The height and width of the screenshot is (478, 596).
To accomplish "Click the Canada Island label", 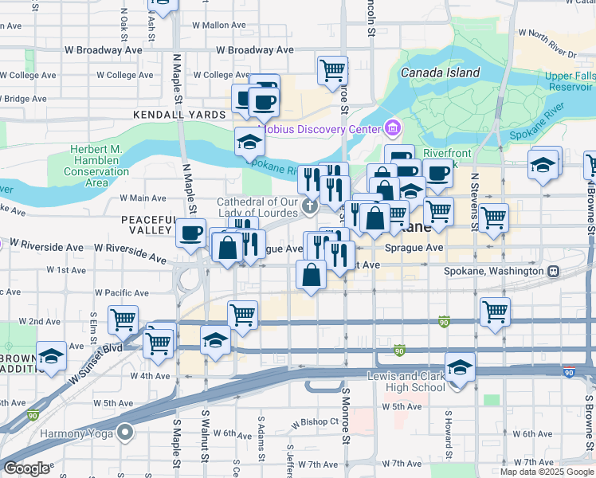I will [440, 72].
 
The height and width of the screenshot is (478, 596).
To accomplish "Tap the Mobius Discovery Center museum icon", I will [392, 128].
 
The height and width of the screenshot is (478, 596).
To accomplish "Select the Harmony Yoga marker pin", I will [124, 433].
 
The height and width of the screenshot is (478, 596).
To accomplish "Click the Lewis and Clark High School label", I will [406, 382].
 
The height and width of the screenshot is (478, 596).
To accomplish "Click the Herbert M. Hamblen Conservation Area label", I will [96, 167].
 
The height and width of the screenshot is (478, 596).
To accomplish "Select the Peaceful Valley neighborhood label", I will [148, 225].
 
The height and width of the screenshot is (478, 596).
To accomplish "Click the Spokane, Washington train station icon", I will [554, 270].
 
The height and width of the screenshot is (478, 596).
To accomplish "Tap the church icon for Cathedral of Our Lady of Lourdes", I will [310, 208].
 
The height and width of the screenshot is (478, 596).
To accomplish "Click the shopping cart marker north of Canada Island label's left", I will [332, 69].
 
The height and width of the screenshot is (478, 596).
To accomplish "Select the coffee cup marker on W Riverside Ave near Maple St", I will [190, 232].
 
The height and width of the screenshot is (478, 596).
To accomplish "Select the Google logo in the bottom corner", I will [26, 468].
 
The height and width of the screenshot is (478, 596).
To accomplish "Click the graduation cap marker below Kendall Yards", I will [250, 142].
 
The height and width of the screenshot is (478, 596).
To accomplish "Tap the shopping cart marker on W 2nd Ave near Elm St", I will [123, 319].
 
